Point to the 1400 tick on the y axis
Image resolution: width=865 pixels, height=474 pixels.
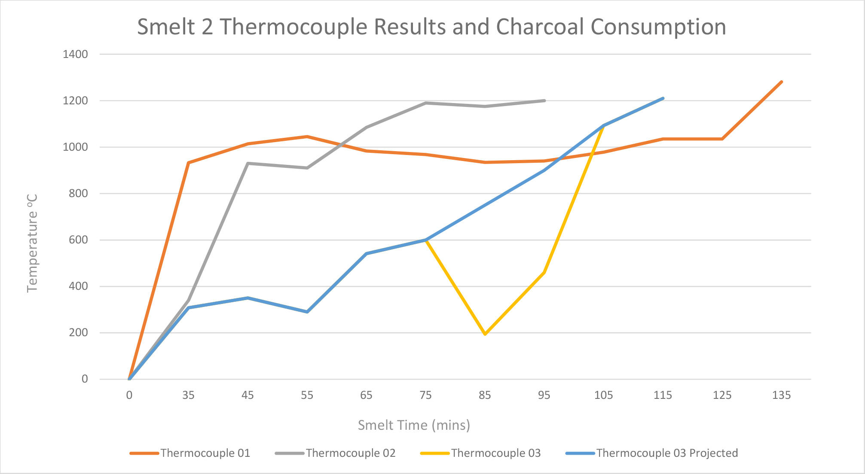[75, 54]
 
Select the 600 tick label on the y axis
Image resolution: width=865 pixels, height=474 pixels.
[78, 240]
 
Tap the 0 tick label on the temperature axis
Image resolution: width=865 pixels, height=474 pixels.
[85, 379]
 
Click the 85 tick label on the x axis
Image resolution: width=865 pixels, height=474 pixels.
[485, 395]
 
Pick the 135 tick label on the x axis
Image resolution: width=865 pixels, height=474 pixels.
[781, 395]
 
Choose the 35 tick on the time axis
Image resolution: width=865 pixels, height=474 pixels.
[188, 395]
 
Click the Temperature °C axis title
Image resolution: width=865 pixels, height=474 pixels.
[33, 243]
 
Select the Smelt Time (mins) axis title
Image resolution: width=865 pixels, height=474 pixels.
[414, 425]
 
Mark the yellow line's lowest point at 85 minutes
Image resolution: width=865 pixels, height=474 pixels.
[485, 334]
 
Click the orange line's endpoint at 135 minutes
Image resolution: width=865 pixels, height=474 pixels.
[781, 82]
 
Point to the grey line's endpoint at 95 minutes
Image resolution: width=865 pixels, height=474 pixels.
[544, 100]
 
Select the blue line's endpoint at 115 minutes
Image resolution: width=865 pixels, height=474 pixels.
[663, 98]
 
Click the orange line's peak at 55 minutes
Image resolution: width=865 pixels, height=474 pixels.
[307, 137]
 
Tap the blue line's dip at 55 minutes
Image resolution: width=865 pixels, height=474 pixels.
[307, 312]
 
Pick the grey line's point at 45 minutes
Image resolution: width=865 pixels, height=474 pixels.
[248, 163]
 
